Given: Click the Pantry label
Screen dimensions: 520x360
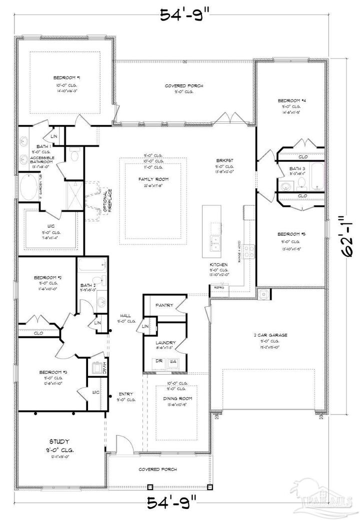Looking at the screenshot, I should tap(164, 305).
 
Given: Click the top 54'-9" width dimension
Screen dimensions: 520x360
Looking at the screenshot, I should tap(180, 15).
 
